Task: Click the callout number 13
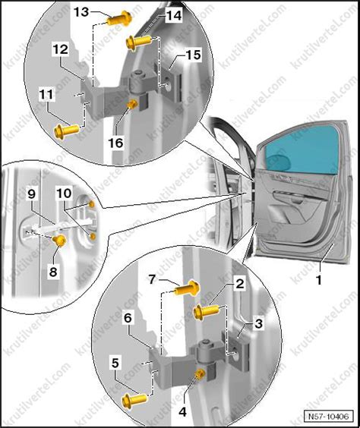point(82,12)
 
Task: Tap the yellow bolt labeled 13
point(119,18)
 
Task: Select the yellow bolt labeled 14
point(138,42)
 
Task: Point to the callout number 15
point(193,55)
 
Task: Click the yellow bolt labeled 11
point(66,131)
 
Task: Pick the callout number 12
point(61,49)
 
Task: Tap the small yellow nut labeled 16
point(133,104)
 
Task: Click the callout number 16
point(115,143)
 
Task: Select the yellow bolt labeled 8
point(59,241)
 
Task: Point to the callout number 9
point(32,194)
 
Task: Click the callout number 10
point(65,194)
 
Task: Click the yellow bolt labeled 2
point(206,312)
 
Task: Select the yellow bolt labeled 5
point(134,400)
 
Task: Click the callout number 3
point(258,323)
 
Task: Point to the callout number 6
point(128,318)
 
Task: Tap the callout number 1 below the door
point(318,280)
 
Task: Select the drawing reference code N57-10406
point(329,417)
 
